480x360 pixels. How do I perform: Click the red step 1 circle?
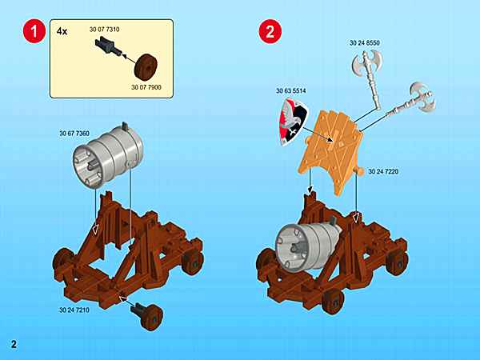pos(31,33)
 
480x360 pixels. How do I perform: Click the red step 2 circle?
pos(270,33)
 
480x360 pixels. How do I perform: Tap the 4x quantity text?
pos(63,31)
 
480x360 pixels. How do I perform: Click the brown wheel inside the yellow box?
pos(147,66)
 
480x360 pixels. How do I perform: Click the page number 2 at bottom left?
pos(14,344)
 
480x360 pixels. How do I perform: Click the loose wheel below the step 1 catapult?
pos(149,314)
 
